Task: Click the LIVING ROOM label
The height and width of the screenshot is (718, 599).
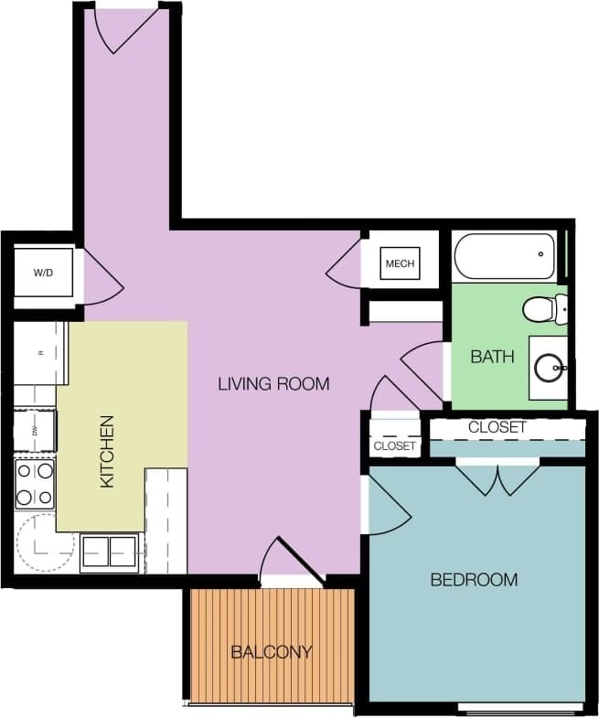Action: click(273, 383)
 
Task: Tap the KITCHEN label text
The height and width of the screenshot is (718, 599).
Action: click(107, 451)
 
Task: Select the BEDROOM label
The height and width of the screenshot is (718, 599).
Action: click(474, 579)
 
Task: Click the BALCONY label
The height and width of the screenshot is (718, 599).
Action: click(271, 652)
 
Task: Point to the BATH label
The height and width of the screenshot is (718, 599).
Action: click(492, 356)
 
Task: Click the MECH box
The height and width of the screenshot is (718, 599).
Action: click(400, 263)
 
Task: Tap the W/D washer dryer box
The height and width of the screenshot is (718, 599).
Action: click(43, 272)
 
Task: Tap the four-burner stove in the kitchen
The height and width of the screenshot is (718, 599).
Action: click(35, 484)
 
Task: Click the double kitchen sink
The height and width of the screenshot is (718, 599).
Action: click(109, 552)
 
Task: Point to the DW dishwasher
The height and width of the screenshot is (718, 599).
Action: click(36, 430)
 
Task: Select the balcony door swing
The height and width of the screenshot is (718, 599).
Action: click(291, 560)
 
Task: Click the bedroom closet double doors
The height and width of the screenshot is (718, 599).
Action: click(497, 479)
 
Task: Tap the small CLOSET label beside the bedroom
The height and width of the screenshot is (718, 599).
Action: click(395, 445)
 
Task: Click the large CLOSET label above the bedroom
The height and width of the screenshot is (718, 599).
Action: click(497, 427)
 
